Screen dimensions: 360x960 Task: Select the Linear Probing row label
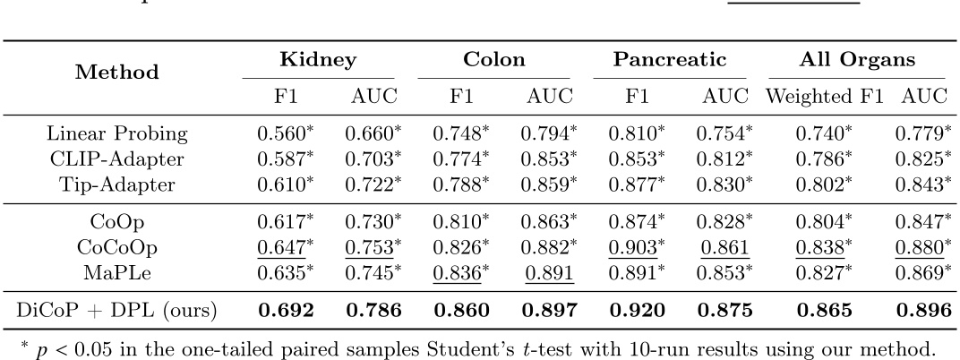[119, 135]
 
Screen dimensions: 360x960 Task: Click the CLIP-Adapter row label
[119, 159]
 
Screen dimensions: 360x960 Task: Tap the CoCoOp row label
[119, 243]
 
